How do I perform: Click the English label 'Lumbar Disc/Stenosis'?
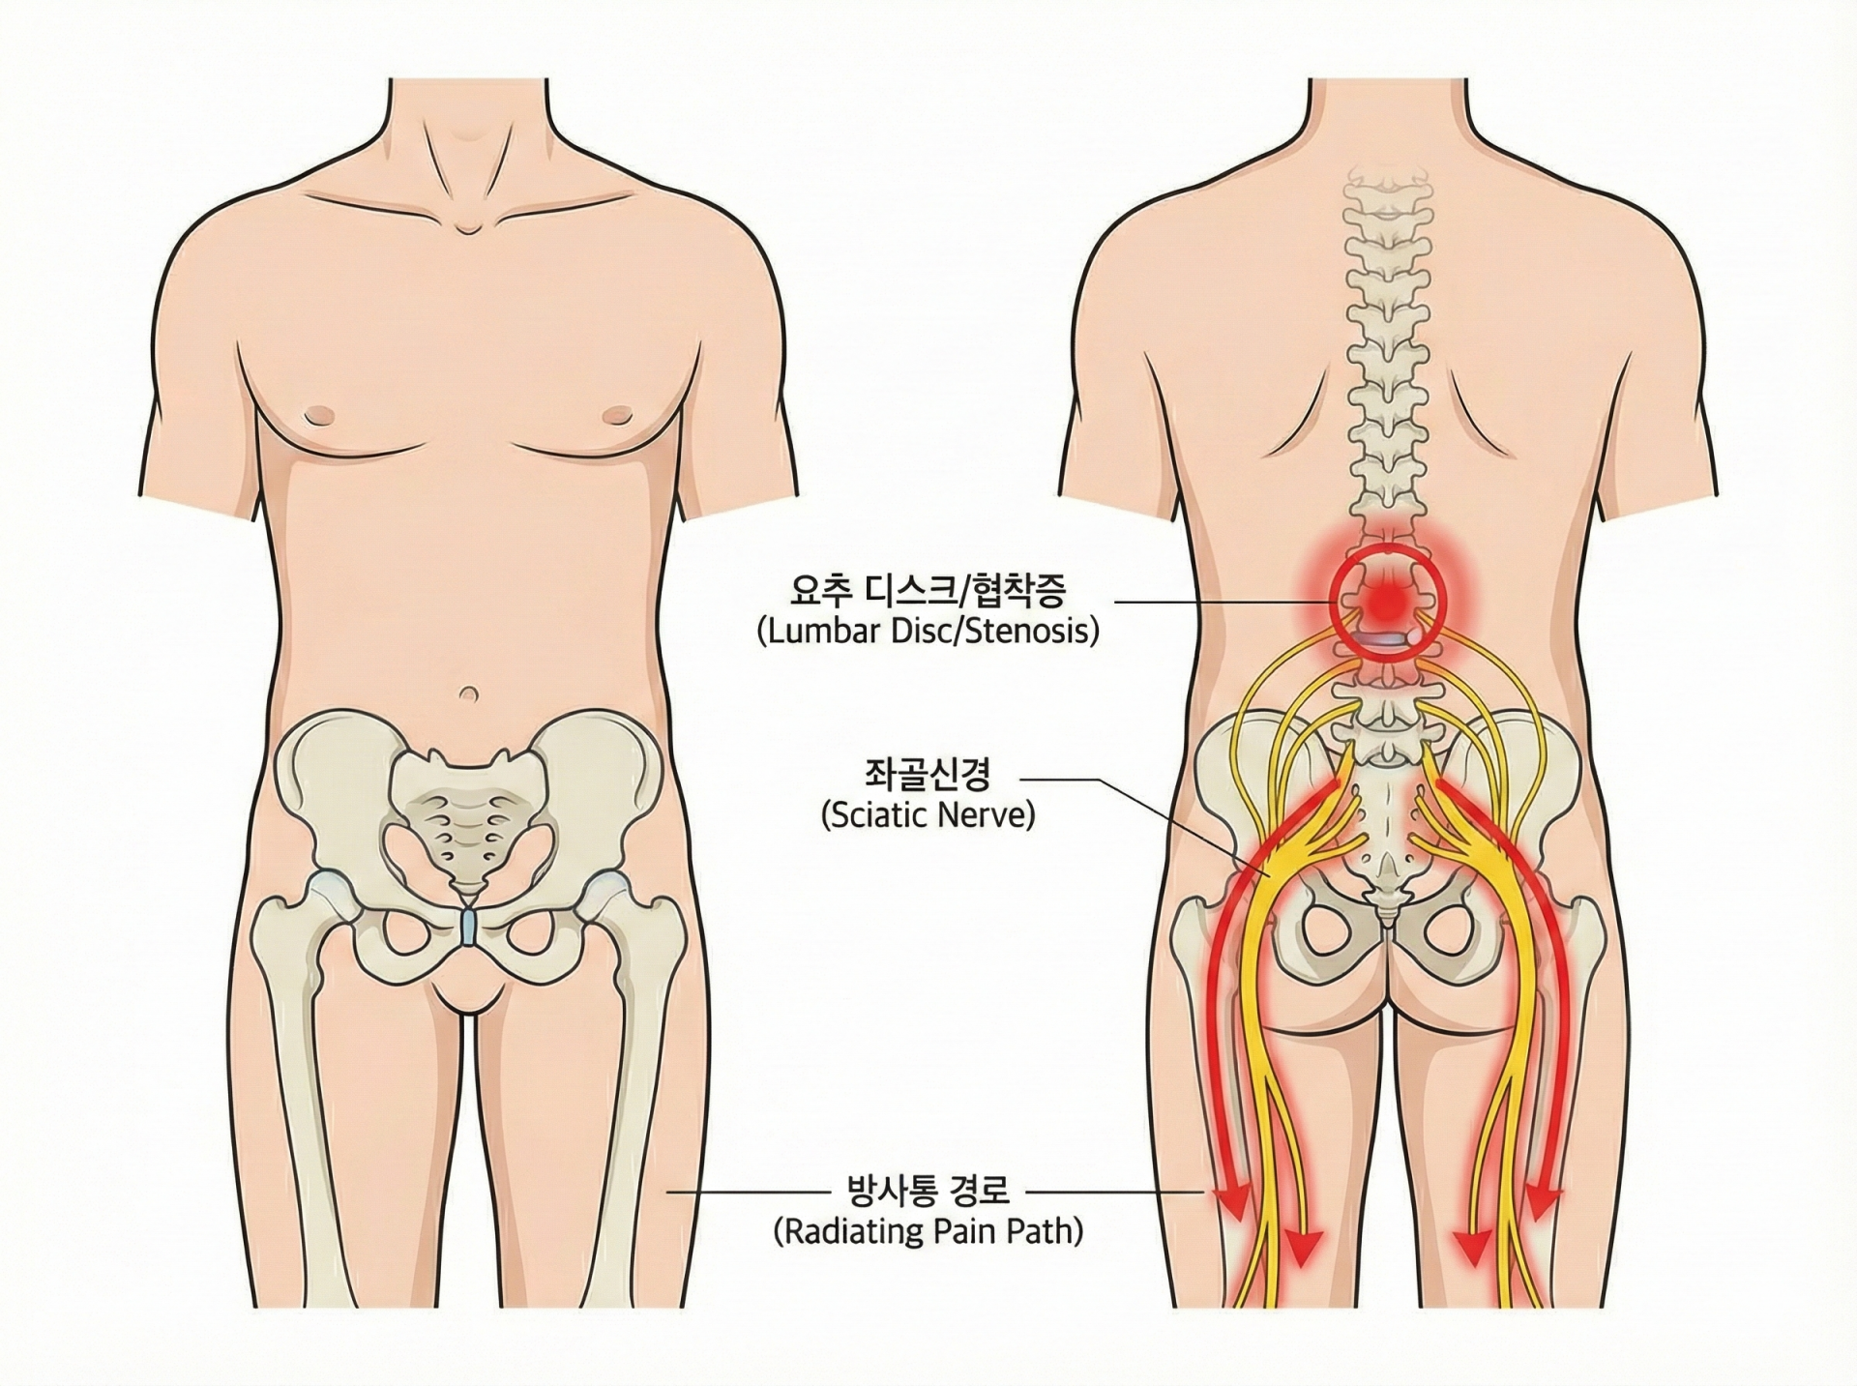click(x=928, y=633)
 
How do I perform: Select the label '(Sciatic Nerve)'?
click(x=928, y=815)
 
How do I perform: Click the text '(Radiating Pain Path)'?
click(x=928, y=1231)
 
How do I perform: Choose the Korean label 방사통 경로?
click(x=928, y=1190)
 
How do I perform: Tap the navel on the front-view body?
click(x=469, y=693)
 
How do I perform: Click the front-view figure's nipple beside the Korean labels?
click(x=613, y=417)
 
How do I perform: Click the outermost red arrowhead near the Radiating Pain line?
click(x=1232, y=1199)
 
